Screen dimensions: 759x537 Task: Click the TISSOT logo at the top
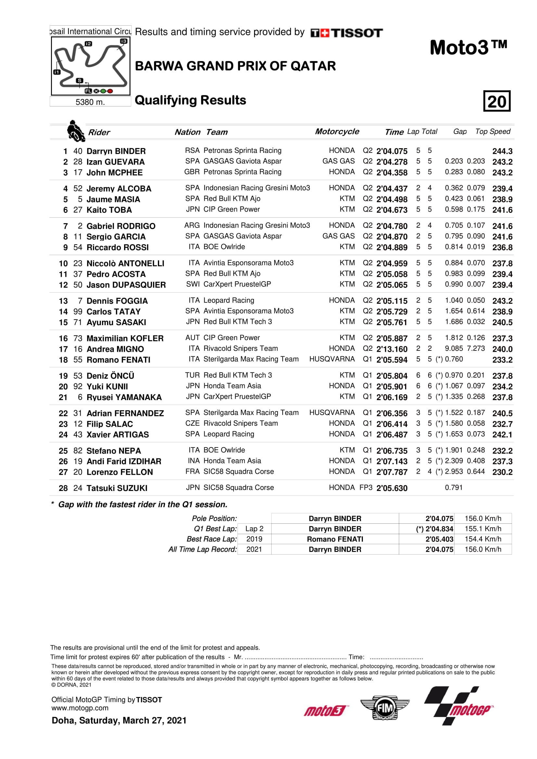coord(346,33)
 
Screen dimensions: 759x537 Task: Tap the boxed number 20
coord(497,101)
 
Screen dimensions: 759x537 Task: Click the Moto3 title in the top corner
coord(468,48)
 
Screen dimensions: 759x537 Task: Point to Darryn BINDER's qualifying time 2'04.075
coord(392,151)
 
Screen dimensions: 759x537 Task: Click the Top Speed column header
coord(493,131)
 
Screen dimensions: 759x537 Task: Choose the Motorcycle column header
coord(337,131)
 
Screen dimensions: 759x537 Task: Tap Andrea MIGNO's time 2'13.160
coord(392,349)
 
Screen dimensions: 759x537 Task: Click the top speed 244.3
coord(502,151)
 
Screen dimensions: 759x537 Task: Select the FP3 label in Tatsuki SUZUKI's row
coord(366,488)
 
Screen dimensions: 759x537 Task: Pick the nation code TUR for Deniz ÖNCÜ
coord(192,375)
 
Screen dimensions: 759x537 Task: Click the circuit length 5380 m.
coord(90,102)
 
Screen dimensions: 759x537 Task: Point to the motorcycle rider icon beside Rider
coord(75,131)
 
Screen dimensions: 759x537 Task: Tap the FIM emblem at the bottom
coord(385,708)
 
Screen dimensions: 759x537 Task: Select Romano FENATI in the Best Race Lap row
coord(335,539)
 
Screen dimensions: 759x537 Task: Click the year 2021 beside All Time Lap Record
coord(254,549)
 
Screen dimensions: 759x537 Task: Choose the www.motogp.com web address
coord(80,708)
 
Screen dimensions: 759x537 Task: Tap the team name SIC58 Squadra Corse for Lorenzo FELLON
coord(238,471)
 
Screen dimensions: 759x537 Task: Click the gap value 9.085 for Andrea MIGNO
coord(454,349)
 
